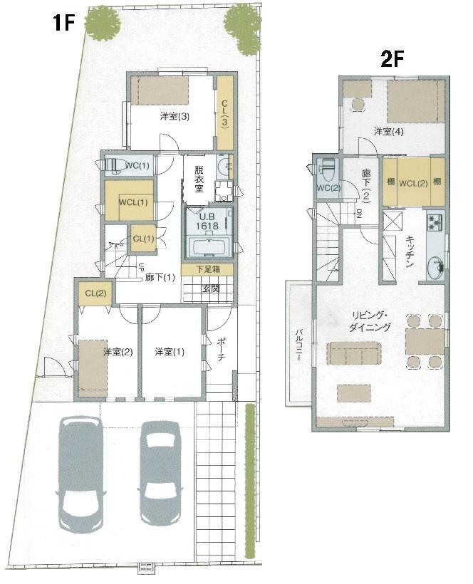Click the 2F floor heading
(x=393, y=59)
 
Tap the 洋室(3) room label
(x=174, y=117)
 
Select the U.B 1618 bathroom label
(x=207, y=221)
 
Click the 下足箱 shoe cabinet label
(x=206, y=269)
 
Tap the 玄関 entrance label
(x=212, y=288)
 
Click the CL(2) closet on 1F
(x=95, y=293)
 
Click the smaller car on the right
(x=162, y=470)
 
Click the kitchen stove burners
(x=435, y=222)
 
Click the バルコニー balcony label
(x=298, y=345)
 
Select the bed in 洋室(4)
(x=415, y=103)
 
